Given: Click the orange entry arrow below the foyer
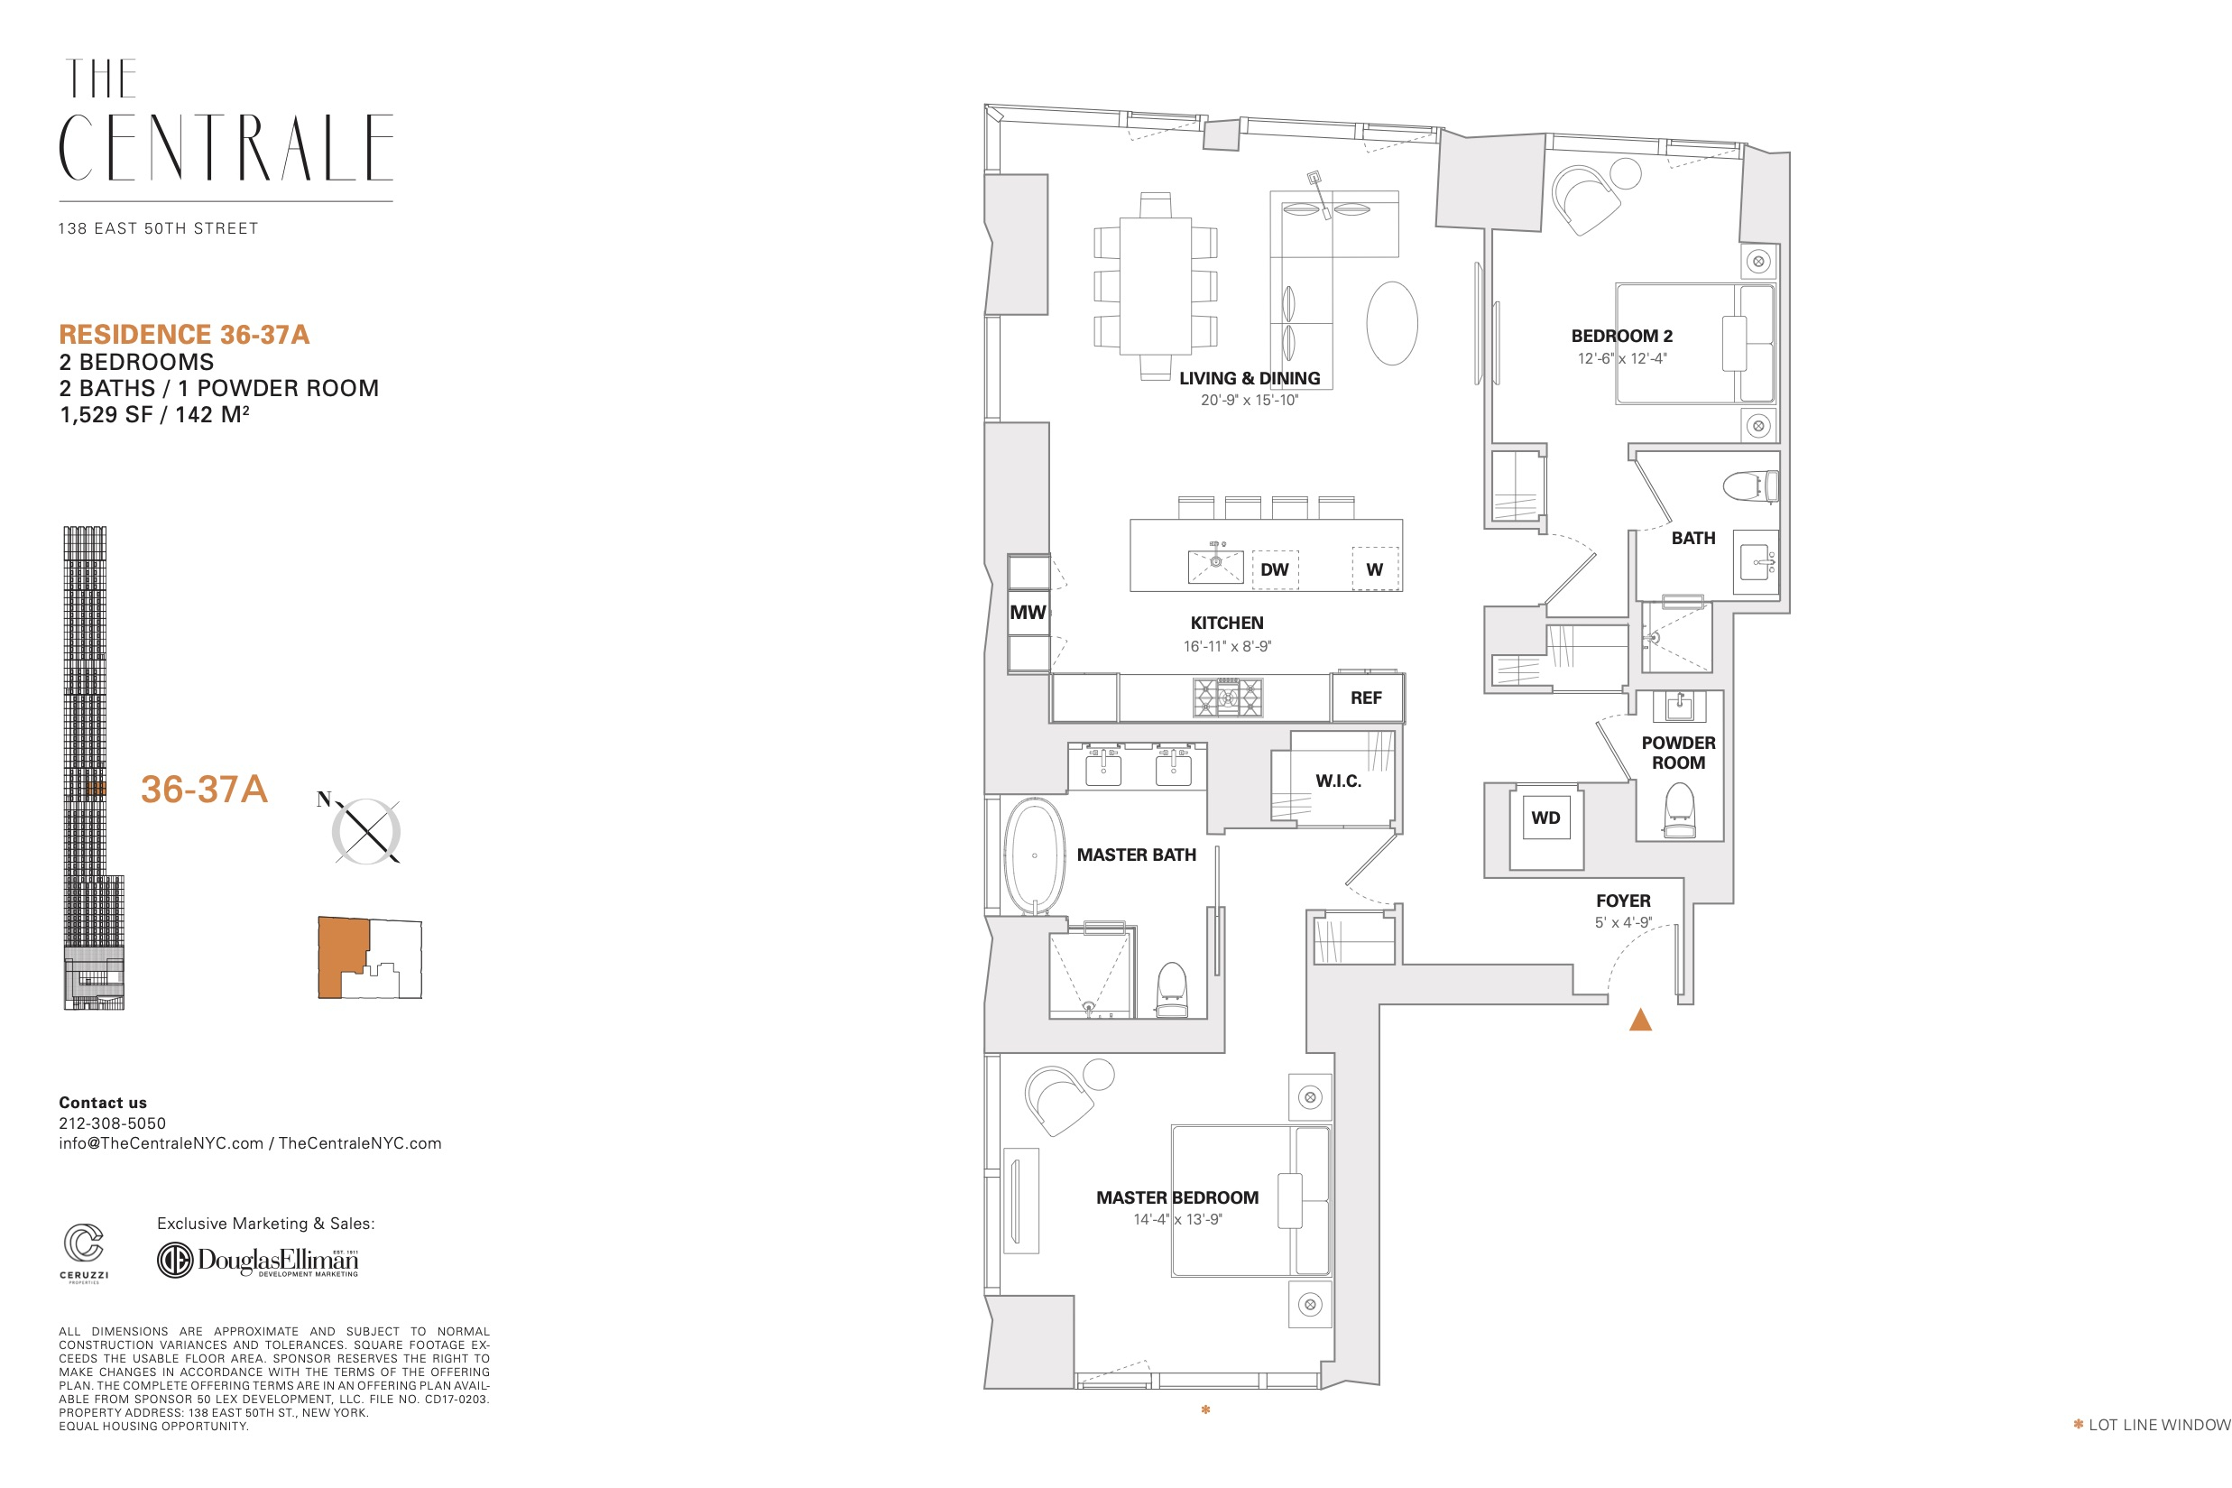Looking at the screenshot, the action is pos(1640,1021).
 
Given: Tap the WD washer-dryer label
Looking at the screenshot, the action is pos(1545,818).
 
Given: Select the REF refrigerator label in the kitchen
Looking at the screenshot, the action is pos(1366,698).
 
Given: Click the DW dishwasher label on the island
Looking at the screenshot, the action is pos(1274,569).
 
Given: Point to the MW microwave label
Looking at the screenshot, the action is pos(1028,613).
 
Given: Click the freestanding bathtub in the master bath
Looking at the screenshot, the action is pos(1034,856).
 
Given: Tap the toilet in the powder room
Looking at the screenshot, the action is pos(1679,810).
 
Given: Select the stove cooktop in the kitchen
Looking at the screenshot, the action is pos(1228,698).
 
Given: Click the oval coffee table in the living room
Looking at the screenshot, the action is pos(1391,323).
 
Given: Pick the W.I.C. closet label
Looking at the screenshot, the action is pos(1338,781).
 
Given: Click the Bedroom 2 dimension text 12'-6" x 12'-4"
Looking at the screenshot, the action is pos(1621,359).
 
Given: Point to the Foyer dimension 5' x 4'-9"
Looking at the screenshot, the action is pos(1623,922).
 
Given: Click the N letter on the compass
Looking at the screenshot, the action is pos(325,799).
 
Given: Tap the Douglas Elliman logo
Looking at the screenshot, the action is pos(258,1261).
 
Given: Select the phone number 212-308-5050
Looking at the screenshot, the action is pos(112,1123).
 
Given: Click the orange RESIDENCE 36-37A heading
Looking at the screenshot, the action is pos(184,335).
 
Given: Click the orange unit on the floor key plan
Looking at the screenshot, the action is pos(342,957).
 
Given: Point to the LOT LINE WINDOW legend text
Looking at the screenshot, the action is pos(2159,1426).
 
